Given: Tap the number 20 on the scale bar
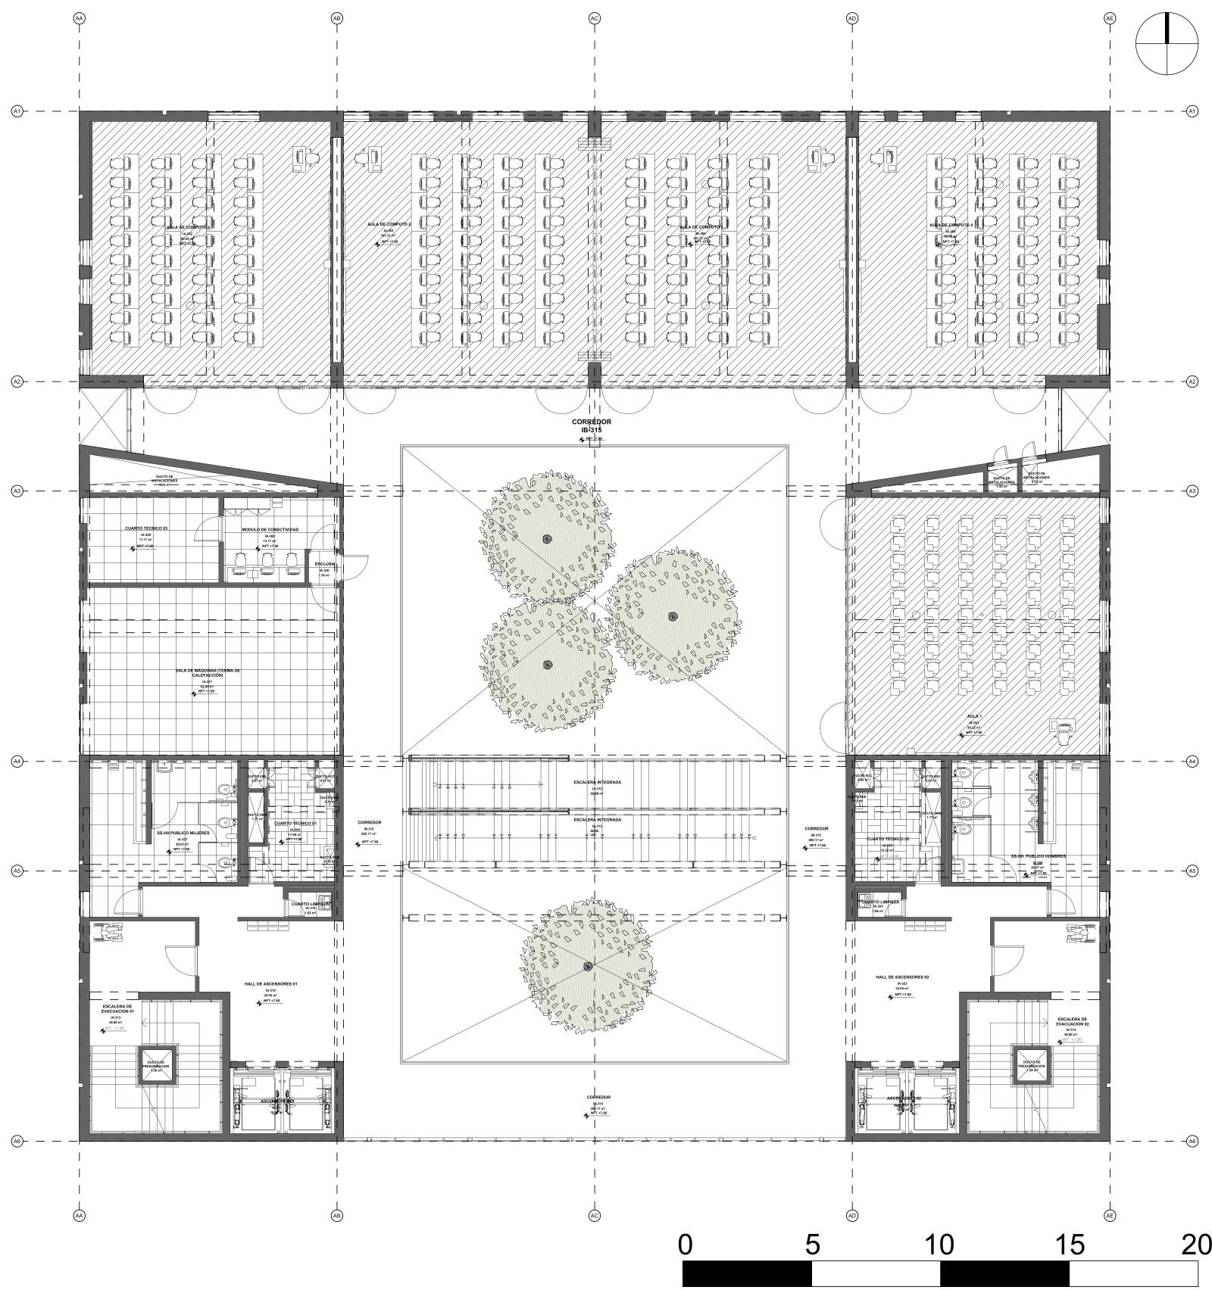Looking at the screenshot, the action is coord(1195,1244).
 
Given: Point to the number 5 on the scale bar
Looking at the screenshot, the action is coord(812,1244).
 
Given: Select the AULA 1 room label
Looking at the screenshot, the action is coord(974,716).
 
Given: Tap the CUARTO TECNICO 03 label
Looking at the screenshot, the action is coord(146,528).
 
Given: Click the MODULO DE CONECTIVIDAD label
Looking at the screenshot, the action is coord(270,529).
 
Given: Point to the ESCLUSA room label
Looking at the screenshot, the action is coord(324,564).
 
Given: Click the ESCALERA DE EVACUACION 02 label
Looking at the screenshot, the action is coord(1073,1022).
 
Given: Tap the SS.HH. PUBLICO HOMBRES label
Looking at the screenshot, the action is coord(1038,856).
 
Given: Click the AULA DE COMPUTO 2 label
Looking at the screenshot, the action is coord(389,225).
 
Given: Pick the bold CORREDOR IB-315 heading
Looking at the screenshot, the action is coord(592,425).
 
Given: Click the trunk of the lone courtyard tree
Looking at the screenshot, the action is coord(588,967).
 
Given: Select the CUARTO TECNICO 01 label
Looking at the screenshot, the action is coord(295,823).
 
